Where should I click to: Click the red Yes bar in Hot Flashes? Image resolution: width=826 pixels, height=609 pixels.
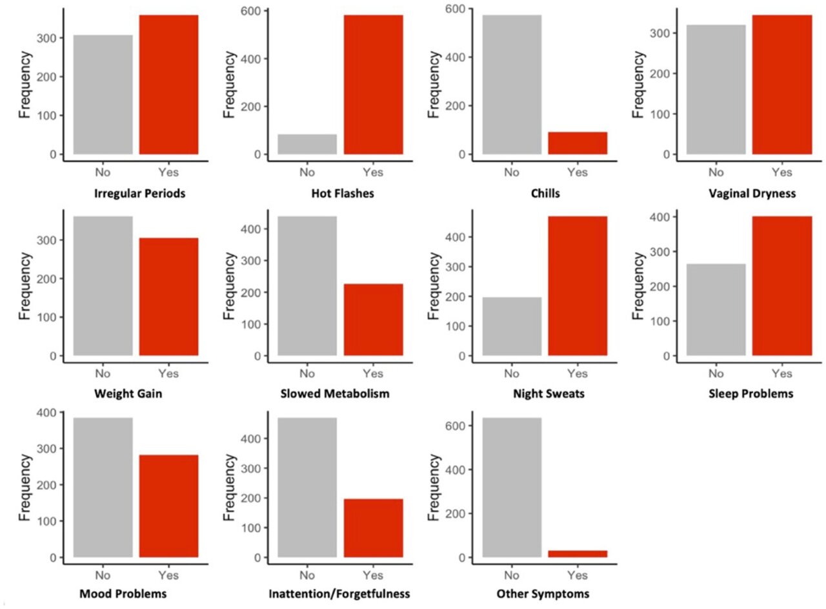coord(373,85)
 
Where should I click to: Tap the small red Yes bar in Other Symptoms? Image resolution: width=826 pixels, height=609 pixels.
coord(578,553)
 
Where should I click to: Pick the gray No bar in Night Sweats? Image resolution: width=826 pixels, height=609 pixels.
coord(512,326)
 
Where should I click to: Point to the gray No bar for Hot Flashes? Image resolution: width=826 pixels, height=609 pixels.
coord(307,144)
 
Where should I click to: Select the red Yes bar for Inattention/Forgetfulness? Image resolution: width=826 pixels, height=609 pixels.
coord(373,528)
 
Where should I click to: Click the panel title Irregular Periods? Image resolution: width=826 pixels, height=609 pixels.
coord(136,193)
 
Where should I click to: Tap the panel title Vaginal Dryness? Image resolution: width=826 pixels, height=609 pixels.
coord(749,193)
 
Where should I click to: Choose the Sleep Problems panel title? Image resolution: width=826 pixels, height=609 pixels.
coord(749,393)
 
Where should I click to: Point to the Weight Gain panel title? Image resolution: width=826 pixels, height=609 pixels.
coord(136,393)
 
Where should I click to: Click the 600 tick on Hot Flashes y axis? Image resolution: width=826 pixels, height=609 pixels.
coord(250,11)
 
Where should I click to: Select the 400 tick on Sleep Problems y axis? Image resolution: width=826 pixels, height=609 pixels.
coord(659,217)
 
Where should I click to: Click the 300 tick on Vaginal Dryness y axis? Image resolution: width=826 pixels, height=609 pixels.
coord(659,33)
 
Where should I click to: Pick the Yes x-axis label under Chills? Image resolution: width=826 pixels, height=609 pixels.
coord(578,172)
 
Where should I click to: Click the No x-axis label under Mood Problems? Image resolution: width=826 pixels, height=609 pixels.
coord(103,575)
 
